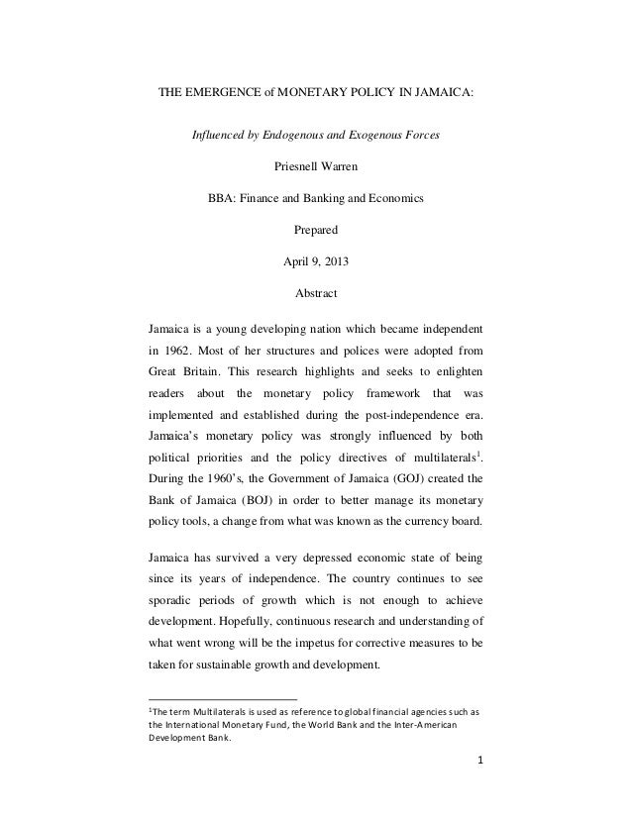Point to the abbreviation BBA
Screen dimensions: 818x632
222,198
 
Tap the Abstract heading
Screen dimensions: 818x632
316,294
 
